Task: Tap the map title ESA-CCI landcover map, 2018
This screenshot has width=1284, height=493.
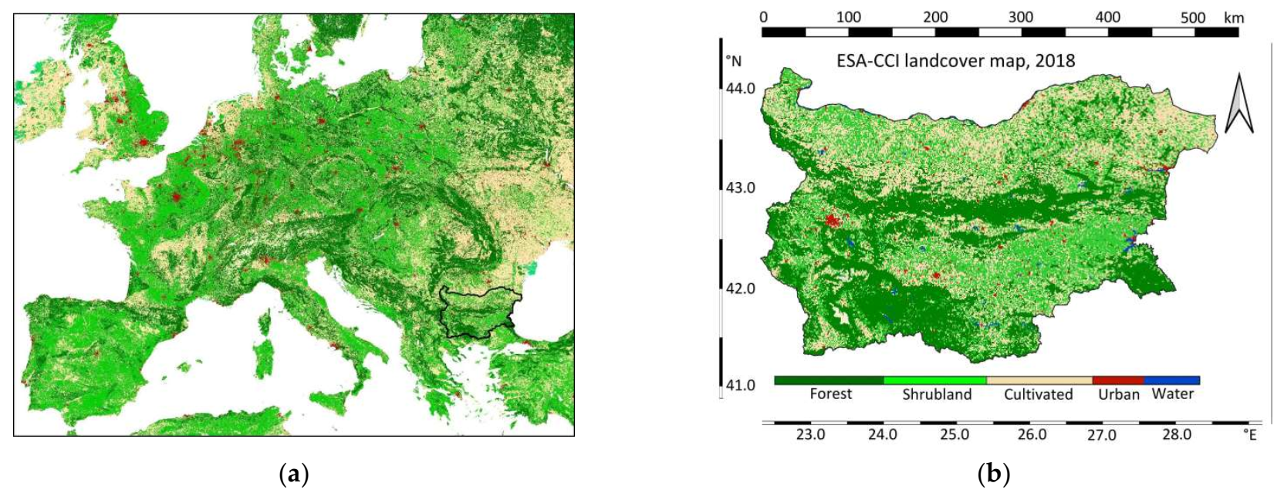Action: [955, 61]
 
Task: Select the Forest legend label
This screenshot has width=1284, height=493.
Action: [830, 394]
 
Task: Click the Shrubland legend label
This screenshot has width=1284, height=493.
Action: [937, 395]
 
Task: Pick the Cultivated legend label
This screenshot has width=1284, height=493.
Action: [1038, 395]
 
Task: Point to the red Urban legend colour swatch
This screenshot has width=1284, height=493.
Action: [1117, 380]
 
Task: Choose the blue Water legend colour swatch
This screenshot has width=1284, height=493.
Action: [1171, 380]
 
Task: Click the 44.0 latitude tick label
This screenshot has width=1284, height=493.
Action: [740, 89]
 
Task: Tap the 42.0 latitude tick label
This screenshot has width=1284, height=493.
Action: [740, 289]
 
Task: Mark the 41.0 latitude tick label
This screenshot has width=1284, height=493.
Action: [740, 385]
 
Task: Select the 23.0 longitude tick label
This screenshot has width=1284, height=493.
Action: [810, 435]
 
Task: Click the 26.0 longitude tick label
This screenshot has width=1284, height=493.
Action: [1032, 435]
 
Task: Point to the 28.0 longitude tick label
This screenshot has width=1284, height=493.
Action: [1177, 435]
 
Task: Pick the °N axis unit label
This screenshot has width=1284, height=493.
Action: [733, 62]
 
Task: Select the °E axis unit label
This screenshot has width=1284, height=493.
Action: [1250, 435]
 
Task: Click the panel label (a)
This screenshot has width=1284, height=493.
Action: [293, 474]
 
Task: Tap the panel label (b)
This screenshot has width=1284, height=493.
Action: [993, 474]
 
